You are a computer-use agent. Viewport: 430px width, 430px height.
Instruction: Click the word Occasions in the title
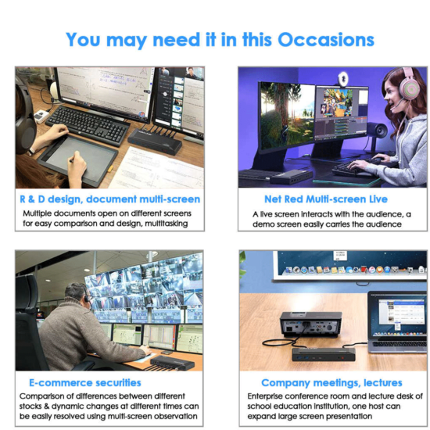pos(326,40)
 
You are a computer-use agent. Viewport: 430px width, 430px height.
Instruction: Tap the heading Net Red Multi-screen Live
pos(326,199)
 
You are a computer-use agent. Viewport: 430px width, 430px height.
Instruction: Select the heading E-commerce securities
pos(85,382)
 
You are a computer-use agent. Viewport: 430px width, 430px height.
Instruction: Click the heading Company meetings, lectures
pos(331,383)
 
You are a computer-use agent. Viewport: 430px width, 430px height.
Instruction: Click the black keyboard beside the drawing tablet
pos(88,125)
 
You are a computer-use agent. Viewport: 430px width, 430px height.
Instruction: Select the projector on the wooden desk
pos(311,324)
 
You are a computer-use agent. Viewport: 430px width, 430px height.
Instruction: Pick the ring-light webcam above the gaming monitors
pos(342,79)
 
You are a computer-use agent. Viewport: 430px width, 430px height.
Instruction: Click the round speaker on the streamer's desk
pos(376,130)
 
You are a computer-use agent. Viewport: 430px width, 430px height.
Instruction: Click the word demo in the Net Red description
pos(262,224)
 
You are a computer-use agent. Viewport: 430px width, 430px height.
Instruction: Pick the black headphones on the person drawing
pos(25,123)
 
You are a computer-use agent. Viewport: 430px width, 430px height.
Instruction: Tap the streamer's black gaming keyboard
pos(353,167)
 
